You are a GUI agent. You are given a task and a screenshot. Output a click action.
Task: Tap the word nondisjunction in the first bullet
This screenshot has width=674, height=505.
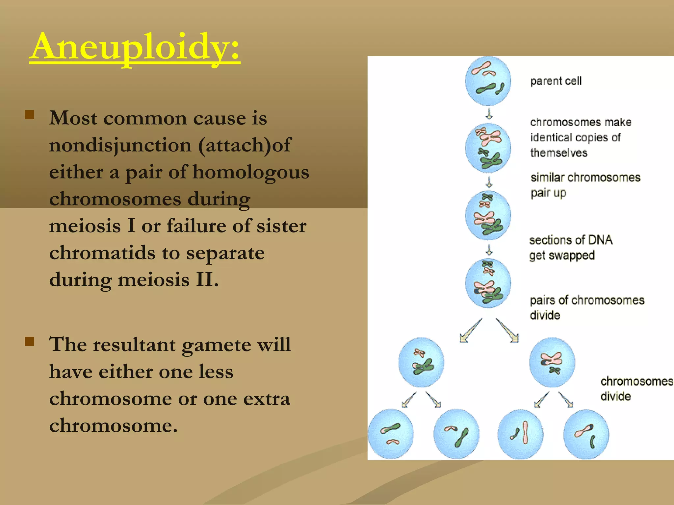coord(120,145)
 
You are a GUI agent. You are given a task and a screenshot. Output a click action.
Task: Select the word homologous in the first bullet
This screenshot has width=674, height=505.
coord(251,172)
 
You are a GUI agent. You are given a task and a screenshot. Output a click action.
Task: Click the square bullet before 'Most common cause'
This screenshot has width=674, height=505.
coord(30,115)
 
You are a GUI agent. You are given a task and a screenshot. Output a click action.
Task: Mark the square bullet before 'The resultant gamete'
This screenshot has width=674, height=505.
coord(30,341)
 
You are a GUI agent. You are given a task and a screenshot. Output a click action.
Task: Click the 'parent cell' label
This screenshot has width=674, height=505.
coord(556,81)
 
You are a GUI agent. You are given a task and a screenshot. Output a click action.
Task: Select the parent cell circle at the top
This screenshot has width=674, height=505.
coord(488,81)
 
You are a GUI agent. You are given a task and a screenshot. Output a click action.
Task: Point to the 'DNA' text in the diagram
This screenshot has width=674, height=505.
coord(600,240)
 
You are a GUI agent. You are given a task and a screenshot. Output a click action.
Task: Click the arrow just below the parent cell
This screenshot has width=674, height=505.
coord(489,114)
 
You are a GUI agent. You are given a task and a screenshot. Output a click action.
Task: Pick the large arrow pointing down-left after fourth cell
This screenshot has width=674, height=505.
coord(471,331)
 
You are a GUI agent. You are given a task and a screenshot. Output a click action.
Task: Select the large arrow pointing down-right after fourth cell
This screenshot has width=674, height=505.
coord(507,331)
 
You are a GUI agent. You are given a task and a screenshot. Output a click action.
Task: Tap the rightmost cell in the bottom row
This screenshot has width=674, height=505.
coord(586,434)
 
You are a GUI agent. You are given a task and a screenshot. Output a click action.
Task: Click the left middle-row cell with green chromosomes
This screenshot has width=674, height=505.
coord(421,362)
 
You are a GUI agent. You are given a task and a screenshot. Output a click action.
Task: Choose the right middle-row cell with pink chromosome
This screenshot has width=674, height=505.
coord(552,362)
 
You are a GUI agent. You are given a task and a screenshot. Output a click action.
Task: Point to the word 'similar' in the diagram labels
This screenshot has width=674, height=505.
coord(548,178)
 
